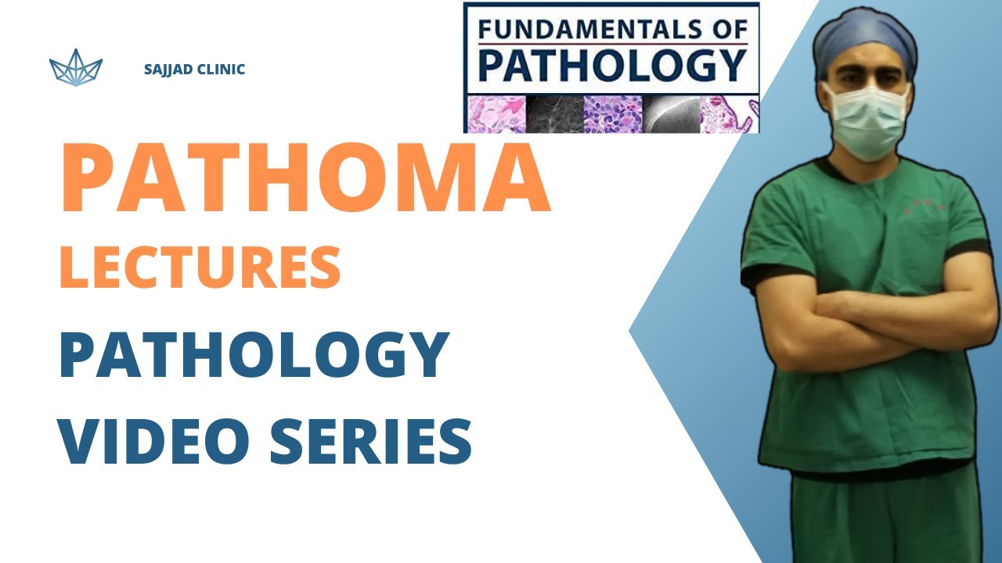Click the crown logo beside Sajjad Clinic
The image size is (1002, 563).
click(76, 68)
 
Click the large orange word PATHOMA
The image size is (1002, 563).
click(305, 179)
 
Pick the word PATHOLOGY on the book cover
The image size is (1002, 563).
click(611, 66)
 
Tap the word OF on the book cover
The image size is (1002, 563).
click(728, 30)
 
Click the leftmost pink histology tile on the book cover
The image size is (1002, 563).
click(496, 114)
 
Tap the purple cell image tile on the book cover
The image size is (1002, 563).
click(613, 114)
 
